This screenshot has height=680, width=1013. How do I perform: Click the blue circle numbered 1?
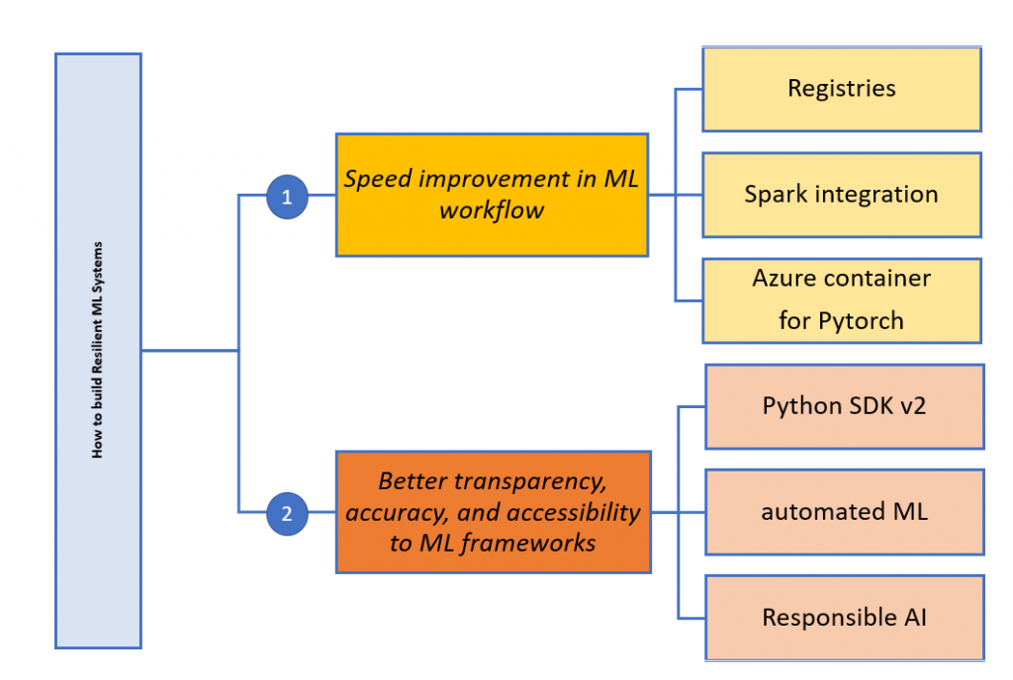pos(287,197)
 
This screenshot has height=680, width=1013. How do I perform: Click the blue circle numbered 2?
pos(287,513)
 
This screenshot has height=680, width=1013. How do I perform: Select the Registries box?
pos(841,89)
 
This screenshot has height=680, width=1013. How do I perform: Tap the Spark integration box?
pos(841,194)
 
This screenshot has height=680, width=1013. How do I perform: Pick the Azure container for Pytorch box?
pos(841,299)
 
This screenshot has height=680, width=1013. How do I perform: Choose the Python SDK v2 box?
pos(844,406)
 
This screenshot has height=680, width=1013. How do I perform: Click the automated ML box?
pos(844,512)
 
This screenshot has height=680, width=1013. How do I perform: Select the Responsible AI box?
pos(844,618)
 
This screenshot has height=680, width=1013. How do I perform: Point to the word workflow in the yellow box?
pos(492,211)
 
